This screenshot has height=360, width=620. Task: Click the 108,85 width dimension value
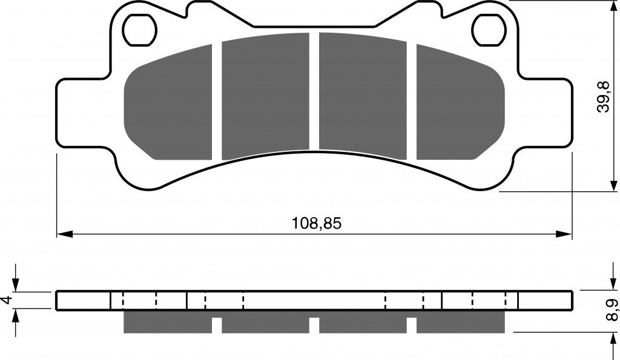316,224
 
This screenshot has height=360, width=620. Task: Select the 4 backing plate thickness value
6,300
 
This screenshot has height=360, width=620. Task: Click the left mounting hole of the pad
140,29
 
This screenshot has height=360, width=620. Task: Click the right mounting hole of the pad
489,29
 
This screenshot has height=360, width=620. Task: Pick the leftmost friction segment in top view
168,103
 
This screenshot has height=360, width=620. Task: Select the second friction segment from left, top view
265,96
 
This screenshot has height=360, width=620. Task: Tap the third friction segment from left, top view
363,96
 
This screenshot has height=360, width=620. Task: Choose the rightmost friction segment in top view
461,103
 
